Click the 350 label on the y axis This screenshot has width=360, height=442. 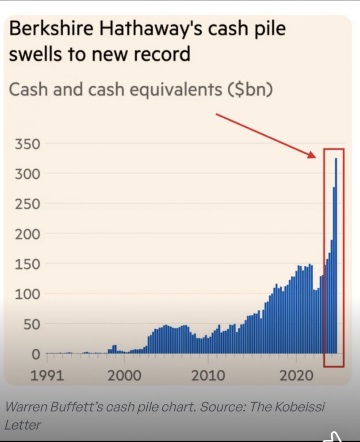point(28,145)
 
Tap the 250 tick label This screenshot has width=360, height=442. point(28,205)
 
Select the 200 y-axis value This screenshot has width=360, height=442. point(28,234)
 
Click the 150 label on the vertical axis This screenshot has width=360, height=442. point(28,264)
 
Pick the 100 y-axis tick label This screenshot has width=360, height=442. point(28,294)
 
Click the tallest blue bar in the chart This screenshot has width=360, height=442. point(336,256)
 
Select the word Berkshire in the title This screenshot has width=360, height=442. point(50,30)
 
